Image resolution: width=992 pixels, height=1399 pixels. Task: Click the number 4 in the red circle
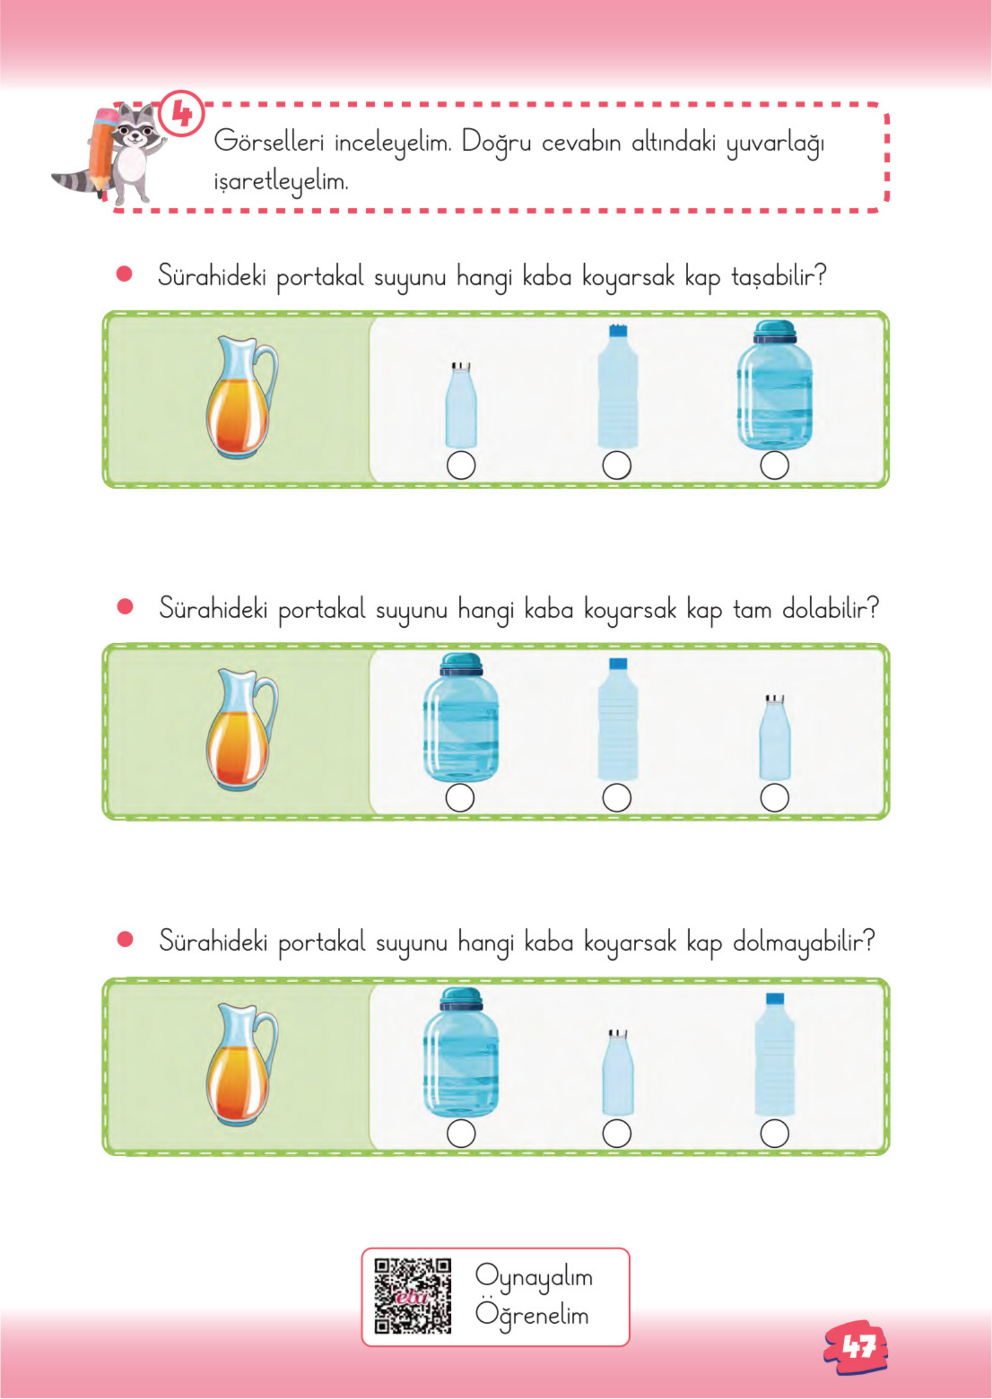[181, 114]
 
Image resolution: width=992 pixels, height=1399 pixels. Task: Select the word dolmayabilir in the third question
[804, 942]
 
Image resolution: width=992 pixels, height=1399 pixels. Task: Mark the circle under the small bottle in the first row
[461, 466]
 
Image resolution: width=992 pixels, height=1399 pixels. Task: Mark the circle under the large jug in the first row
[774, 466]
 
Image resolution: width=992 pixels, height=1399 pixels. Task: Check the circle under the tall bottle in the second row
[617, 798]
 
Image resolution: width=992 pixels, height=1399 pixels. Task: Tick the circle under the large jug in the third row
[461, 1134]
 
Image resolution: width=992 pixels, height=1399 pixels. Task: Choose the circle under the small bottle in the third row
[617, 1134]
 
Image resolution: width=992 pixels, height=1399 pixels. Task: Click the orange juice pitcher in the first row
[240, 397]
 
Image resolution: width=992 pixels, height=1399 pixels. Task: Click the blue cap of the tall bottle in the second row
[618, 664]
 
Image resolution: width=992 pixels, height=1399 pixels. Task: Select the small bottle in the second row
[774, 737]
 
